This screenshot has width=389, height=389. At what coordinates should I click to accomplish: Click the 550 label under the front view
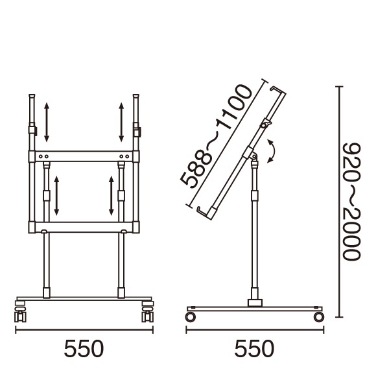(84, 348)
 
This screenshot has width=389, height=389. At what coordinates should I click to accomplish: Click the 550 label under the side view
(254, 348)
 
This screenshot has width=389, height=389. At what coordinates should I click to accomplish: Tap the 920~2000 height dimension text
(351, 202)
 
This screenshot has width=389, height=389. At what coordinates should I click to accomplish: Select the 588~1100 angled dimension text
(215, 136)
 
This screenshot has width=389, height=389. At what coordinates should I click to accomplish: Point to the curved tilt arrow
(273, 151)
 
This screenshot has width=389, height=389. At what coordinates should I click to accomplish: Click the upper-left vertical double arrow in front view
(47, 122)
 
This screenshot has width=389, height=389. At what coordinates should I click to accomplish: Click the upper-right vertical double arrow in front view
(121, 122)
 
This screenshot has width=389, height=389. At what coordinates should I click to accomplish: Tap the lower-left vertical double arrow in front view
(56, 196)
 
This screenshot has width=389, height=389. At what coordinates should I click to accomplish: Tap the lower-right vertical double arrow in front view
(111, 196)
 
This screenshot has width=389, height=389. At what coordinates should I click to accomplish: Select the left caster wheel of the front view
(20, 312)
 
